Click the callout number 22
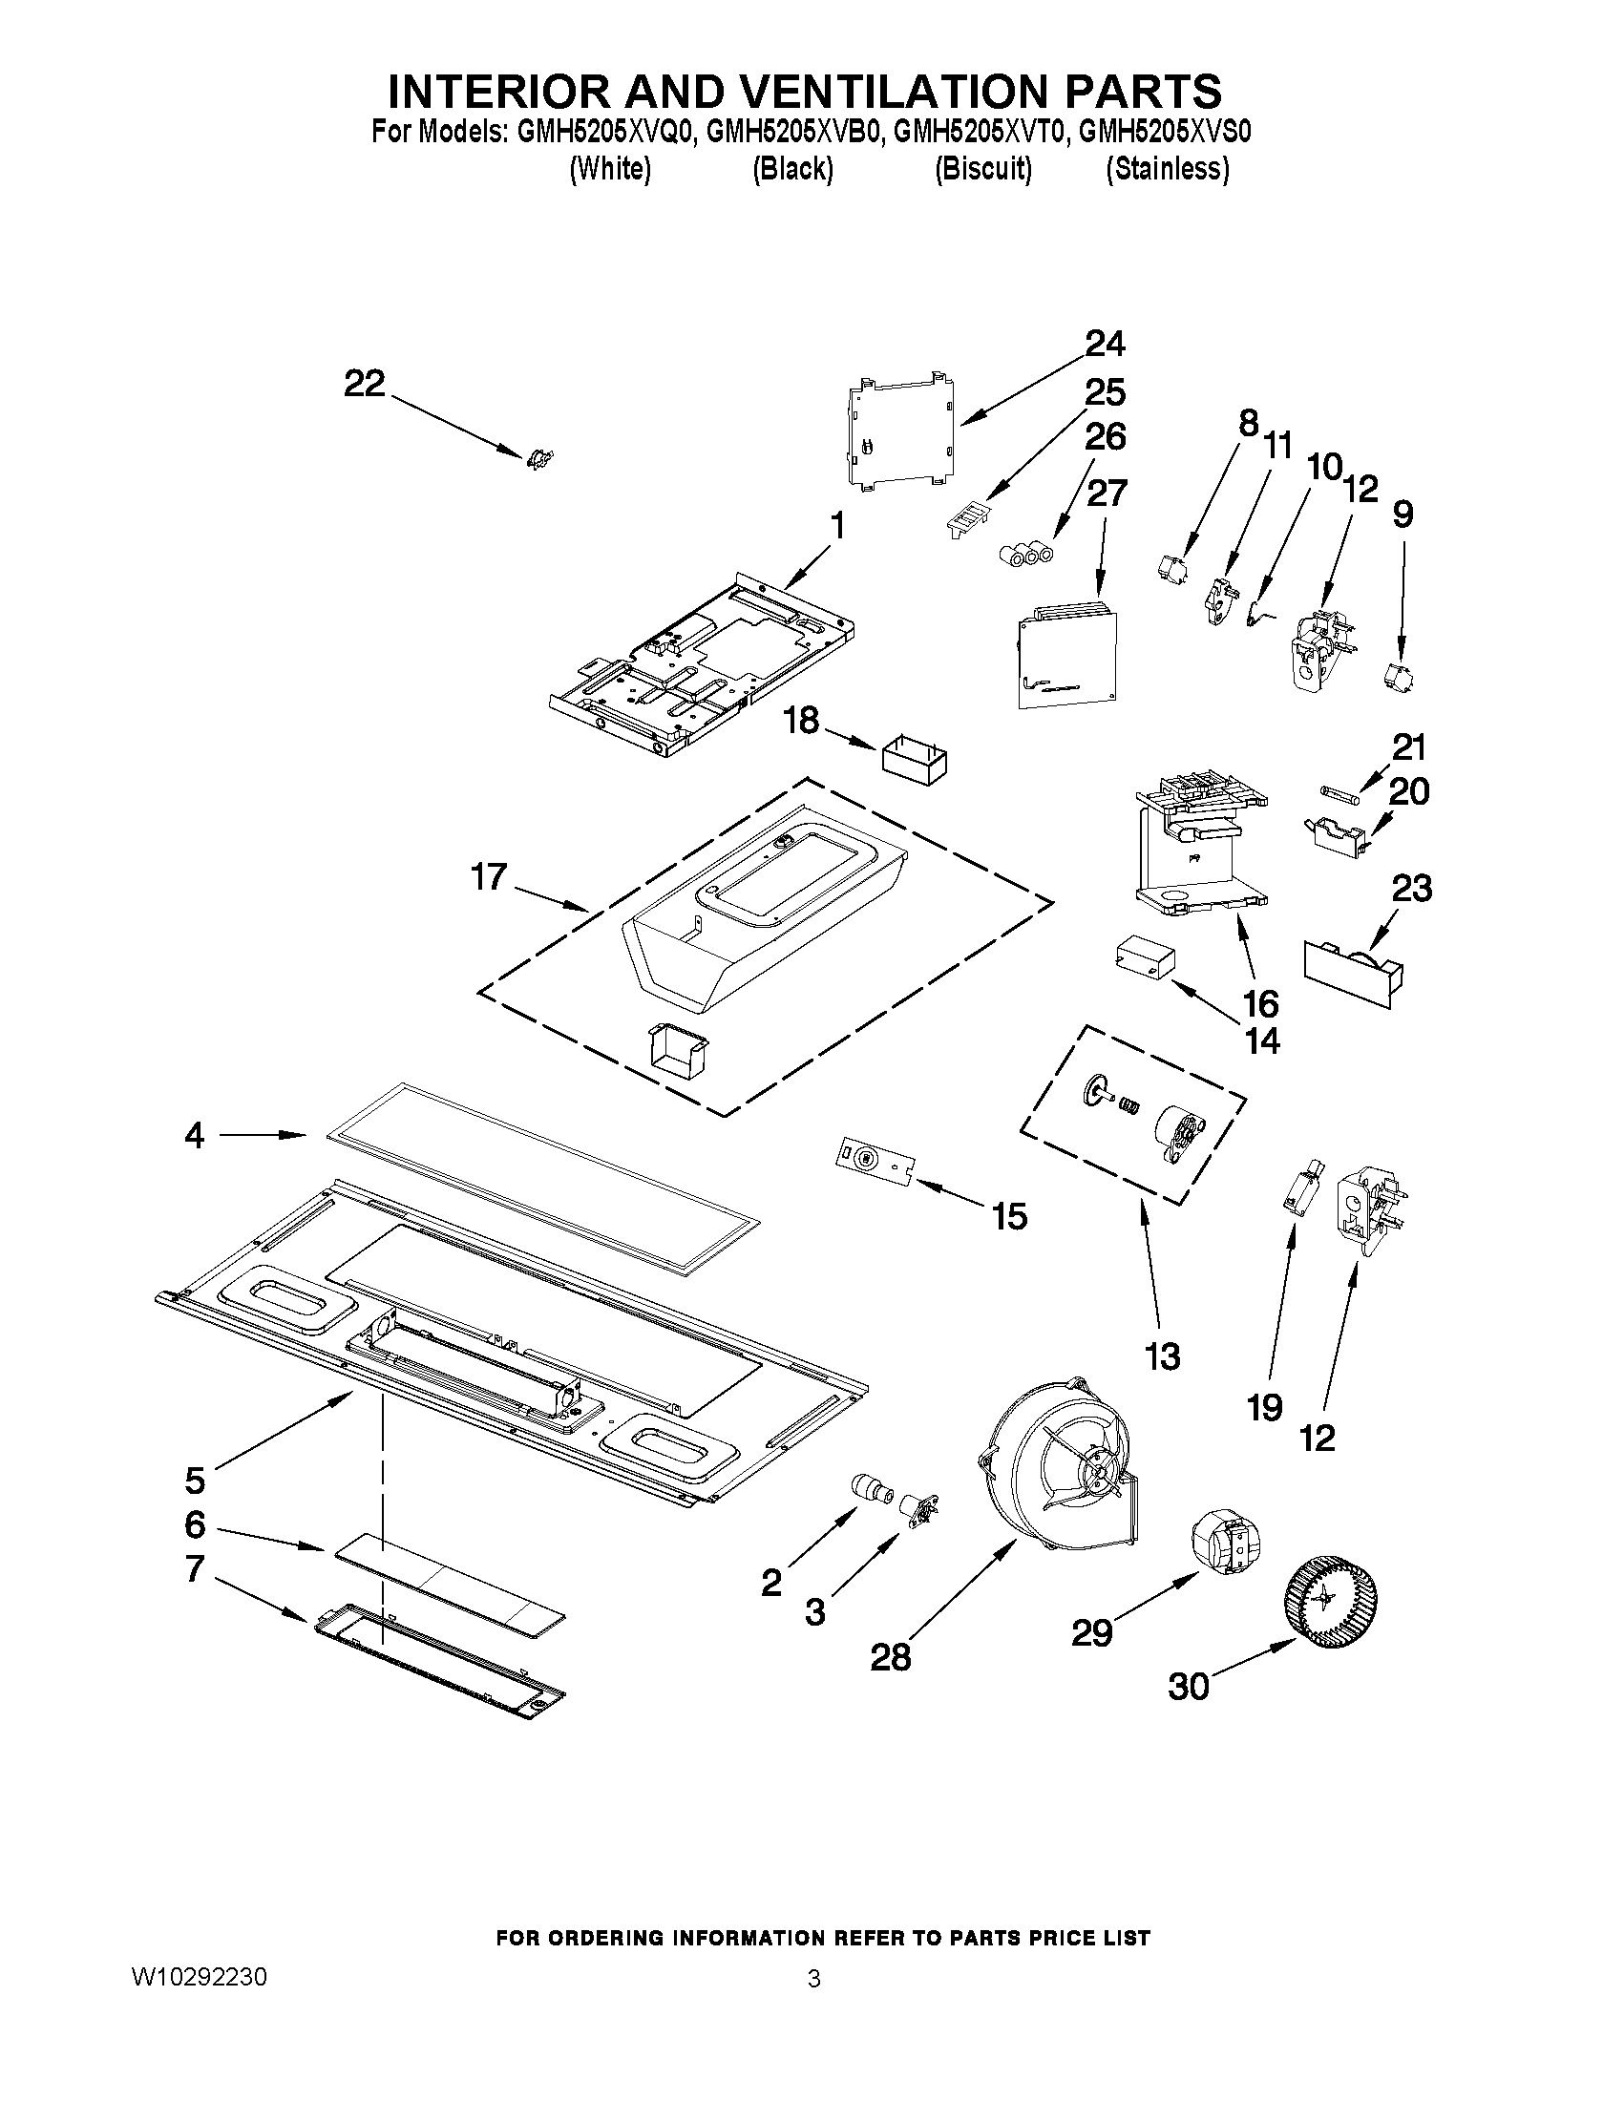point(365,384)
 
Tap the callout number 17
point(489,876)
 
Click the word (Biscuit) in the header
point(983,169)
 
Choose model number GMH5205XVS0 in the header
point(1164,132)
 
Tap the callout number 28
point(891,1656)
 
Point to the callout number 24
point(1106,344)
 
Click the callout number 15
point(1009,1216)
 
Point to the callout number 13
point(1162,1355)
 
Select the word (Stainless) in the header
point(1166,169)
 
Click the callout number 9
point(1403,514)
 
